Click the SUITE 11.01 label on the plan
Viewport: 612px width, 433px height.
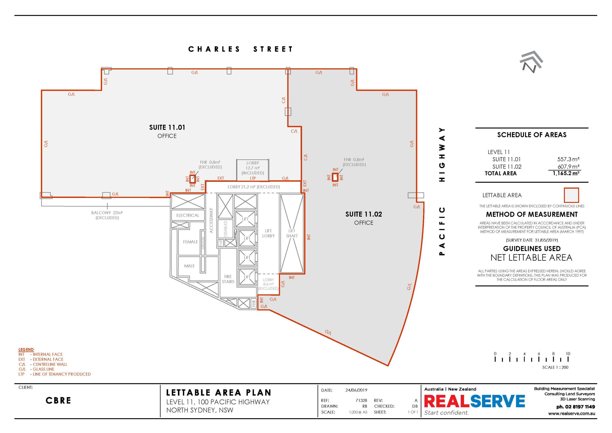point(167,128)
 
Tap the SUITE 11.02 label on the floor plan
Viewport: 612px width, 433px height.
point(364,214)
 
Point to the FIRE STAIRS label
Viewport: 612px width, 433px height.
point(228,279)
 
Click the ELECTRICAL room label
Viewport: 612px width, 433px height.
point(188,215)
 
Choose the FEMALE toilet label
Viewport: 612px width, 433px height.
point(190,242)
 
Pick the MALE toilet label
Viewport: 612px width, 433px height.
point(189,266)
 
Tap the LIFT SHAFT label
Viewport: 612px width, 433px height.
point(292,233)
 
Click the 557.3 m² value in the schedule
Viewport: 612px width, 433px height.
point(568,159)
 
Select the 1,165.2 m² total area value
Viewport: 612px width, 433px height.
point(566,173)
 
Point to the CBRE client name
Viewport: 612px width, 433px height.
point(58,400)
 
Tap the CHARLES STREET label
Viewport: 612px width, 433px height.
point(240,49)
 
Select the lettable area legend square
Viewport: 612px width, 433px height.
point(571,195)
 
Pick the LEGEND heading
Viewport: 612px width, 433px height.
point(26,350)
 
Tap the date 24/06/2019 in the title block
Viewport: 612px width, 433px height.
point(356,390)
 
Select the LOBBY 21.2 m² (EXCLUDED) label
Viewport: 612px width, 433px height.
point(253,187)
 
